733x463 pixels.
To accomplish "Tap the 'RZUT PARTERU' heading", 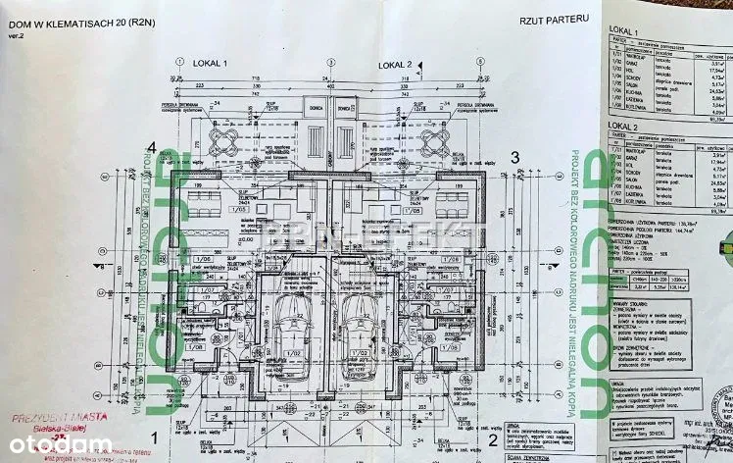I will pos(555,18).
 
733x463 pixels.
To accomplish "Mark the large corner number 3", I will pos(513,157).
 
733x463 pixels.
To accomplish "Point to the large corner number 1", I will pos(155,437).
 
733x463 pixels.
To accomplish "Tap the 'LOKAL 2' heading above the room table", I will pos(624,128).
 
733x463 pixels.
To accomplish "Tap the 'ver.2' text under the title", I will pos(15,35).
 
